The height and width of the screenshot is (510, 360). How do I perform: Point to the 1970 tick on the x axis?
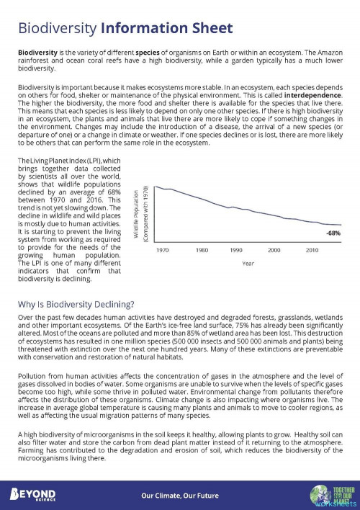tap(163, 250)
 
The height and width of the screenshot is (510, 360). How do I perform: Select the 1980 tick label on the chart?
tap(202, 250)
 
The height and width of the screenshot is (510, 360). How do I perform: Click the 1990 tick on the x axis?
tap(236, 250)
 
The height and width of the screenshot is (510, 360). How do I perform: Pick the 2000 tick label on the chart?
tap(274, 250)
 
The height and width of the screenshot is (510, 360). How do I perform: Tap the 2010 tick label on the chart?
tap(312, 250)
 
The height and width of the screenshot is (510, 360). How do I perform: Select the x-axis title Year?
tap(248, 263)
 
